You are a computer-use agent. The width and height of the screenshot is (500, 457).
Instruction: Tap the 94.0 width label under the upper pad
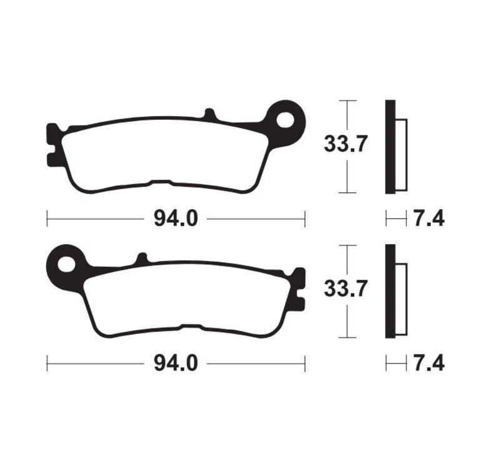[176, 219]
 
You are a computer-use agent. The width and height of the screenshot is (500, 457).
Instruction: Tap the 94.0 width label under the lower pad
[176, 363]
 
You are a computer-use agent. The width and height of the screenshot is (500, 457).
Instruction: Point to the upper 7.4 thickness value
[428, 219]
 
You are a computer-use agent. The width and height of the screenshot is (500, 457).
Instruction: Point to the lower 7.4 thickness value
[428, 363]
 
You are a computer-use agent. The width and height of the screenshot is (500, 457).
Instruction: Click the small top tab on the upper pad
[209, 114]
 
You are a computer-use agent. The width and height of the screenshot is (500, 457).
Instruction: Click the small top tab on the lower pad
[142, 258]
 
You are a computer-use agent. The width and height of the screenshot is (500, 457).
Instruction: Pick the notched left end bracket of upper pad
[52, 145]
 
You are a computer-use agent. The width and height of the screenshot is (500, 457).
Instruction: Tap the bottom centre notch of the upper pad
[161, 184]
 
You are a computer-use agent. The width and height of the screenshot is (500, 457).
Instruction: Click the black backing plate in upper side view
[390, 147]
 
